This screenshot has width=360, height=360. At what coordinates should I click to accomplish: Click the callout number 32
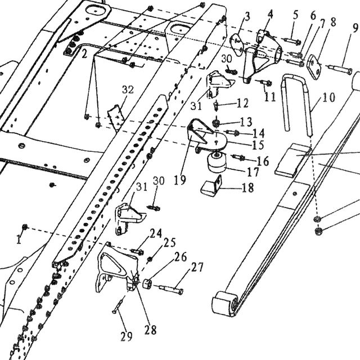pyautogui.click(x=128, y=89)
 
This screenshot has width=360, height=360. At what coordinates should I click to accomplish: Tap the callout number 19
pyautogui.click(x=180, y=180)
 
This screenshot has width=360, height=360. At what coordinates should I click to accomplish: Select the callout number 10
pyautogui.click(x=328, y=97)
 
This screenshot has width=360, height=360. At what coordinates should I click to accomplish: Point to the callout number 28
pyautogui.click(x=150, y=330)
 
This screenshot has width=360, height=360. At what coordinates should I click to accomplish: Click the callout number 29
pyautogui.click(x=127, y=336)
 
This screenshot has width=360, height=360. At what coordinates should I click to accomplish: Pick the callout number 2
pyautogui.click(x=84, y=55)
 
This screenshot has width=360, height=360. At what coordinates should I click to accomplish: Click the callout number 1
pyautogui.click(x=19, y=240)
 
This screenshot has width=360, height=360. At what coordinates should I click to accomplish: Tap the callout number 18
pyautogui.click(x=247, y=187)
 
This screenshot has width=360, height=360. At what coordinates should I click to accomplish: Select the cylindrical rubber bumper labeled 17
pyautogui.click(x=217, y=163)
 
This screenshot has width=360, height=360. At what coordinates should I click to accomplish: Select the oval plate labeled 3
pyautogui.click(x=237, y=45)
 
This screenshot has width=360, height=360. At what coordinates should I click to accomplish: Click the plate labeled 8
pyautogui.click(x=314, y=67)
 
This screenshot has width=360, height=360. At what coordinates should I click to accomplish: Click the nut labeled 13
pyautogui.click(x=216, y=124)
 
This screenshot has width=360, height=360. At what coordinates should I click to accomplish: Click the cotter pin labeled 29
pyautogui.click(x=119, y=305)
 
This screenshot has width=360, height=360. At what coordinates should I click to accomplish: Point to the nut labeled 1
pyautogui.click(x=25, y=227)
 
